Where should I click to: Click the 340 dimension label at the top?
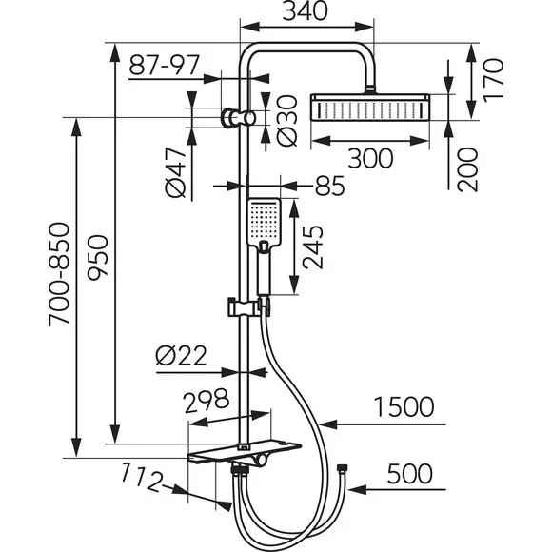coord(306,11)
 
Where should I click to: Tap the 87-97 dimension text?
coord(164,65)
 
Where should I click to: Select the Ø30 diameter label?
coord(287,121)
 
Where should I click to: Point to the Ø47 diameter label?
coord(175,172)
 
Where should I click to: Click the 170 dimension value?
coord(493,81)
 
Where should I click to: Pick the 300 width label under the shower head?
coord(370,158)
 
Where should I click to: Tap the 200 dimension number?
coord(467,169)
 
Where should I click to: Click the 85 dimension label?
coord(329,186)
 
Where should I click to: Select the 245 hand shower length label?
coord(312,247)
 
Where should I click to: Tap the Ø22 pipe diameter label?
coord(181,356)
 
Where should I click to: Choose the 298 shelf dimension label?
coord(207,401)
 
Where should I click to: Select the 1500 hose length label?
coord(404,407)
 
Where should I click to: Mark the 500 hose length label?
coord(410,474)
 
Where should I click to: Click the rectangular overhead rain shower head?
coord(369,107)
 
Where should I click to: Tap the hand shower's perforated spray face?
coord(265,221)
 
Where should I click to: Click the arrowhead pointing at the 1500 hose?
coord(328,424)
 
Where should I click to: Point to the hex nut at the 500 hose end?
coord(342,468)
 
